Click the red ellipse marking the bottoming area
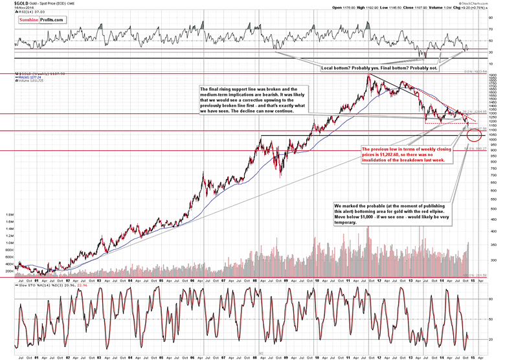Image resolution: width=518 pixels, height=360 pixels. pos(473,134)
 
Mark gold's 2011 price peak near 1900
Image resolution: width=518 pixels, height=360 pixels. pos(368,75)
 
